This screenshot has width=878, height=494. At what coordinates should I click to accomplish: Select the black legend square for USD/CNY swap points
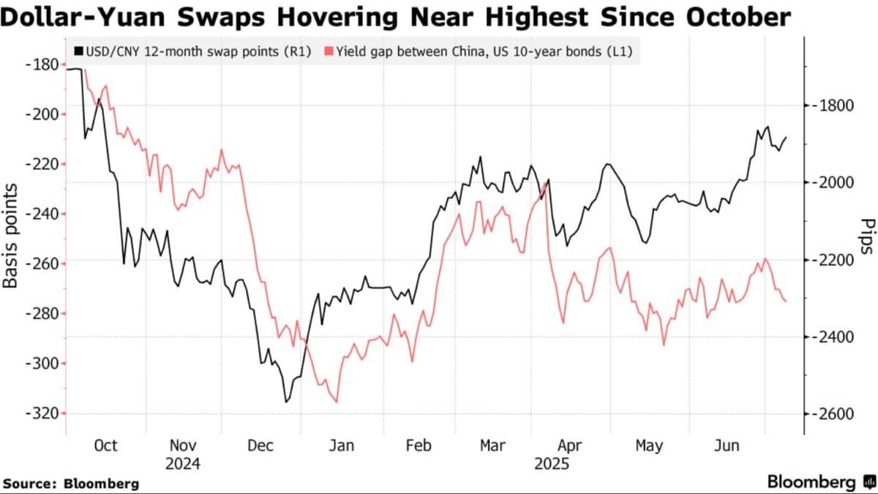[79, 51]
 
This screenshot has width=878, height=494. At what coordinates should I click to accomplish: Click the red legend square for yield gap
[329, 51]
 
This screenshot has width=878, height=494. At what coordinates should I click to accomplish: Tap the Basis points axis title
[10, 236]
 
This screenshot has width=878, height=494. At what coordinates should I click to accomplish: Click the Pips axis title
[868, 236]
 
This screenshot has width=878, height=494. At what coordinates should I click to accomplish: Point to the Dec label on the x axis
[260, 446]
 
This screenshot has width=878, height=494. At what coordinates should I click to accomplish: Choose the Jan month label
[342, 446]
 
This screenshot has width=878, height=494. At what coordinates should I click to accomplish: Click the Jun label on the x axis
[727, 446]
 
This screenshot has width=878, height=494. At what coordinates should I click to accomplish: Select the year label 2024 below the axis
[183, 464]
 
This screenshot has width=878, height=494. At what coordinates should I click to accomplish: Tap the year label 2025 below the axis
[552, 464]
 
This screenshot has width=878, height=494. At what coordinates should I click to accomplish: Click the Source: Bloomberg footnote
[71, 484]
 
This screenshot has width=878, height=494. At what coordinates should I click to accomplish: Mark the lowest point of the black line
[286, 403]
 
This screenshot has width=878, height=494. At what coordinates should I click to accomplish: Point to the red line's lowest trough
[337, 403]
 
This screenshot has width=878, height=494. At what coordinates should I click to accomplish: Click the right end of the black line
[787, 138]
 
